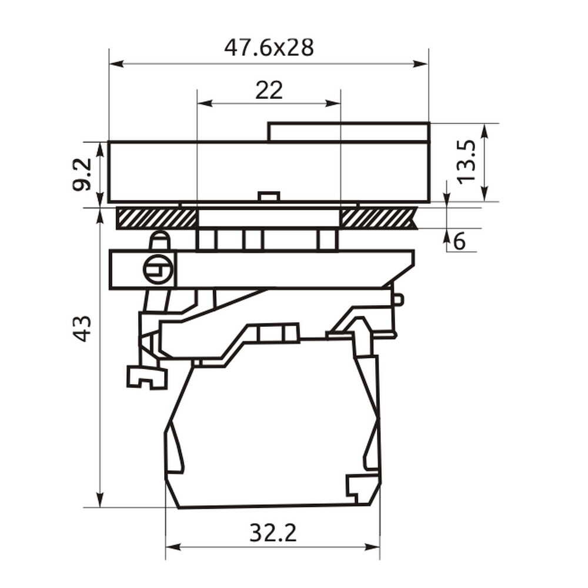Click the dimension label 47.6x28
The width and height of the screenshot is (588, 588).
pos(269,48)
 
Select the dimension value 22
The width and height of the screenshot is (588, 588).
pos(269,91)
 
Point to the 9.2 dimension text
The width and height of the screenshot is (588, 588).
pos(82,175)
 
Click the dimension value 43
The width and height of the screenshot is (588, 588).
pos(81,329)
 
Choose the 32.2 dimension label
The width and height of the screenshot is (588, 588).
pos(273,533)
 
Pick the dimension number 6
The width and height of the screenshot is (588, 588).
pos(459,241)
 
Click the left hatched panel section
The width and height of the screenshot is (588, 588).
pos(157,218)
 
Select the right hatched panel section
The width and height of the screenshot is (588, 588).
pos(379,218)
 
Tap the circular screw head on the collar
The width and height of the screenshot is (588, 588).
pos(158,269)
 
